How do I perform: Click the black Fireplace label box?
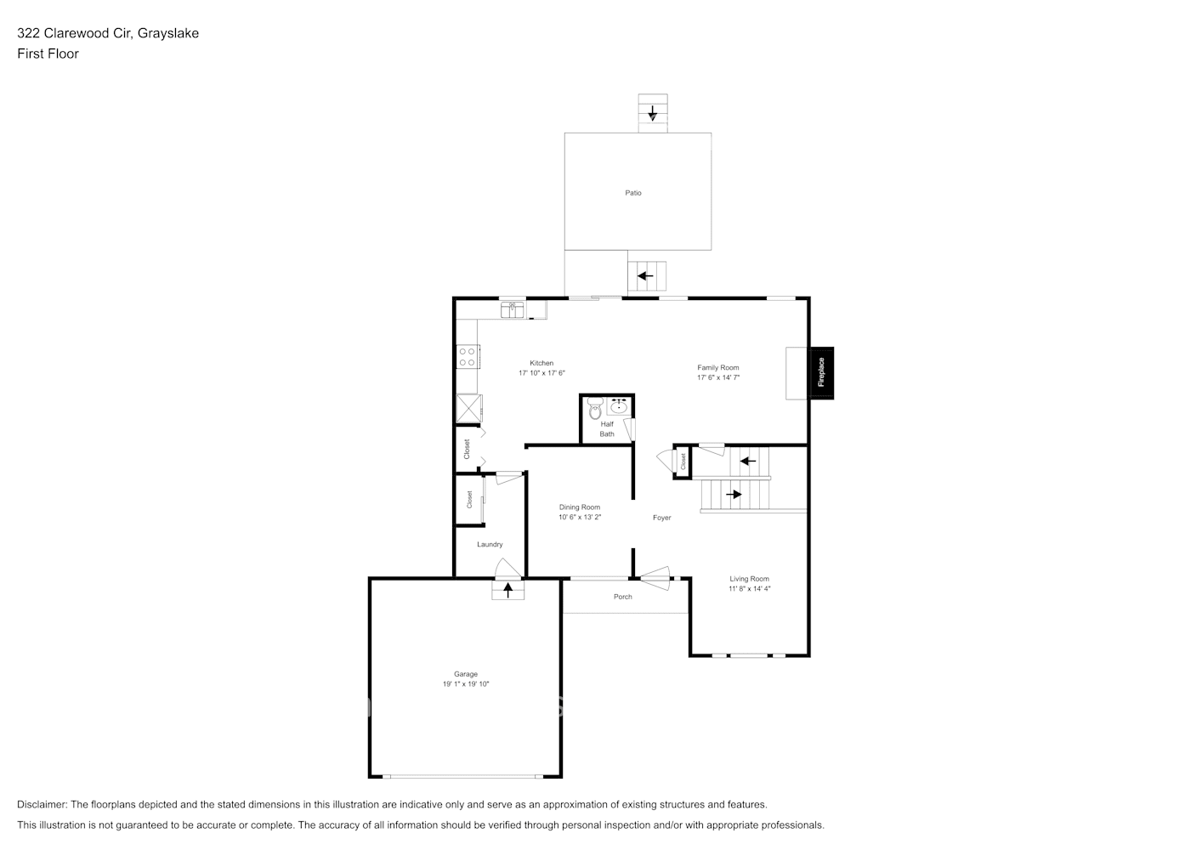(821, 372)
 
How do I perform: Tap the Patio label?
(633, 193)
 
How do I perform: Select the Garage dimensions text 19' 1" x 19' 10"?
(466, 684)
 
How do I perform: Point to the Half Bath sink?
(619, 406)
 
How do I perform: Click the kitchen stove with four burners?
(467, 356)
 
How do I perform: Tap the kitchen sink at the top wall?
(513, 309)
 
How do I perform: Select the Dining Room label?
(580, 507)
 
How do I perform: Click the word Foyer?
(662, 518)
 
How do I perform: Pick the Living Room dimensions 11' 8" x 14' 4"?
(749, 589)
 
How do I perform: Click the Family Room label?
(718, 368)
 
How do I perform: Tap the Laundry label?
(490, 544)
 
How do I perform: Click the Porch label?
(623, 597)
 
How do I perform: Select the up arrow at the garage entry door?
(508, 590)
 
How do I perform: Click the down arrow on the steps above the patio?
(653, 112)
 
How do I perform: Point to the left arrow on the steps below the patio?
(646, 275)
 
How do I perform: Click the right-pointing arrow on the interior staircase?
(734, 494)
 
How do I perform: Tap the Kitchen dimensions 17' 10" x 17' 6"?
(541, 373)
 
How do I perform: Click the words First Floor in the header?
(48, 54)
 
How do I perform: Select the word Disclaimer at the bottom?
(42, 804)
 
